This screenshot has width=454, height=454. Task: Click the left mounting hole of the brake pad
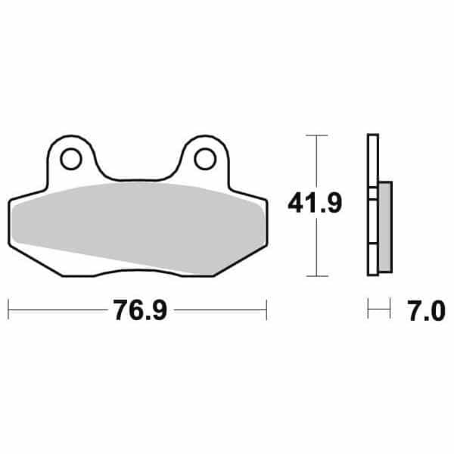(x=71, y=159)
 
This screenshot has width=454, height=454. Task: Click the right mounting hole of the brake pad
(x=204, y=158)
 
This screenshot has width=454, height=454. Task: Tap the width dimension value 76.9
(x=137, y=311)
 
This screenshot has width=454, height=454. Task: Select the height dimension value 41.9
(x=313, y=203)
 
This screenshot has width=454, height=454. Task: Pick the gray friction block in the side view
(x=385, y=227)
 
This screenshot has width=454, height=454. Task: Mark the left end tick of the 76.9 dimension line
(x=8, y=309)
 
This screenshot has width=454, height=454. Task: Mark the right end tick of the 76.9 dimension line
(x=266, y=309)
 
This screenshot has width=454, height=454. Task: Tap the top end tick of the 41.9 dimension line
(x=316, y=135)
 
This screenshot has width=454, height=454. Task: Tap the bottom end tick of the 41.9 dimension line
(x=316, y=275)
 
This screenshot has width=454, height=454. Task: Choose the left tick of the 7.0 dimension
(x=368, y=309)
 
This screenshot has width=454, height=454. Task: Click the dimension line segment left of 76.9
(x=57, y=309)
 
